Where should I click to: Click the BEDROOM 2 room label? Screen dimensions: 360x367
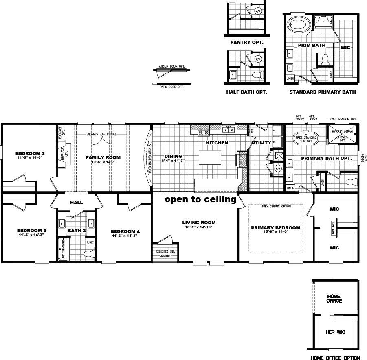coord(27,153)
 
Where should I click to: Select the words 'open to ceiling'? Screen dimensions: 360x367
coord(200,200)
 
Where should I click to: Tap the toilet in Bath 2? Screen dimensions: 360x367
coord(88,254)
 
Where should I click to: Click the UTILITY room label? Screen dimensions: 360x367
coord(261,143)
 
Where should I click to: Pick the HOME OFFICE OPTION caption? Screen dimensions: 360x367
coord(335,358)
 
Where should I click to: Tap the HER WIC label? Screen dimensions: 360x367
coord(335,332)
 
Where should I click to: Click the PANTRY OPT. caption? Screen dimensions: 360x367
coord(246,42)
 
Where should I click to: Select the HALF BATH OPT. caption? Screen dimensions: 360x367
coord(246,92)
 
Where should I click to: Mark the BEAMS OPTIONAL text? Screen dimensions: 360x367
coord(101,134)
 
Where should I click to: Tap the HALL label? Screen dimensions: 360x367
coord(76,202)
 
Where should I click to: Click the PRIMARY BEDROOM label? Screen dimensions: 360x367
coord(275,228)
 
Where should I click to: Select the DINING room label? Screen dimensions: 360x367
coord(173,156)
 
